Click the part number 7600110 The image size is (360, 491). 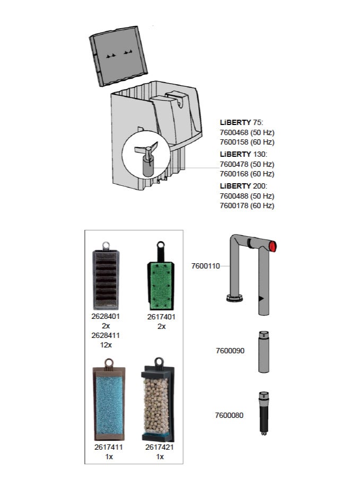coord(205,266)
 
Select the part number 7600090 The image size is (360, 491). coord(230,351)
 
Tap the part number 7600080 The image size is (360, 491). coord(230,415)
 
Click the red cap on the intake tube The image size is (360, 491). coord(274,246)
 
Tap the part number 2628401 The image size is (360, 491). coord(106,317)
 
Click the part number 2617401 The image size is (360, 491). coord(161,317)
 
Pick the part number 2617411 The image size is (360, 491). coord(109,447)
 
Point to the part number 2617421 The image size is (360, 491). coord(160,447)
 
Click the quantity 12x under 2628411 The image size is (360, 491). coord(106,345)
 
